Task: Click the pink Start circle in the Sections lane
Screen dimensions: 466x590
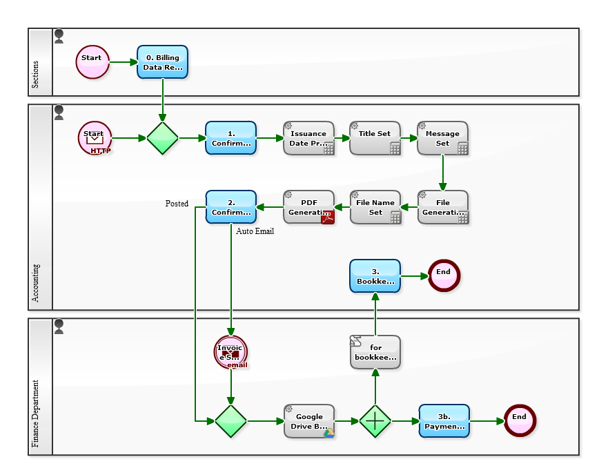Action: pos(92,62)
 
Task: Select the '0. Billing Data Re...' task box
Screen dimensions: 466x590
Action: pos(162,62)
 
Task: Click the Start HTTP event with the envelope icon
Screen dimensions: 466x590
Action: pos(95,138)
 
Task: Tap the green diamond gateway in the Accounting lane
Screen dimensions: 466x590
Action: pos(162,138)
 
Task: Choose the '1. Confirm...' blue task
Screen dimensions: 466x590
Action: pos(230,138)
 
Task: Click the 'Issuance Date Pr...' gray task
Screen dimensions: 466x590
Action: pos(308,138)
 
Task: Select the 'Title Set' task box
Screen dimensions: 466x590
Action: pos(375,138)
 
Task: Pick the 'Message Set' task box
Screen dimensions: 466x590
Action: pos(442,138)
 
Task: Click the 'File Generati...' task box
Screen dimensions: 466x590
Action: pos(442,207)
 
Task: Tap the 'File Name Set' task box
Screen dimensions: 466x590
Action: pos(375,207)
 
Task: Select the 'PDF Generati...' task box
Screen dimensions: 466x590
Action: pos(308,207)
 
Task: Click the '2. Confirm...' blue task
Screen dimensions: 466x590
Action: pos(230,207)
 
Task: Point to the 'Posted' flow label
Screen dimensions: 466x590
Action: pos(177,204)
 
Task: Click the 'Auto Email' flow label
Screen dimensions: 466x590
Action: pos(255,231)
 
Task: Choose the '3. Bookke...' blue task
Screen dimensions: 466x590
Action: pos(375,276)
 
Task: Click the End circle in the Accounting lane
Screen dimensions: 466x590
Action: pos(443,275)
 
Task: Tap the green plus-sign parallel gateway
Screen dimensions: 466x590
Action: pos(375,421)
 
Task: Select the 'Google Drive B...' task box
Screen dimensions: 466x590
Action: pos(308,421)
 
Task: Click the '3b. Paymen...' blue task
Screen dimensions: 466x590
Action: pos(444,421)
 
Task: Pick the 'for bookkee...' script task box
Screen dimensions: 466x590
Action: pos(375,352)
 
